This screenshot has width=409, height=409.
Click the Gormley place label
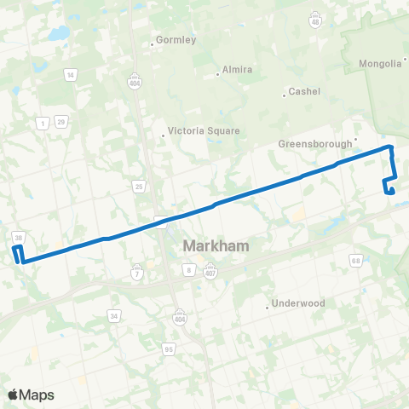pyautogui.click(x=176, y=40)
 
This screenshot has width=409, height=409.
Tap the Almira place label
pyautogui.click(x=236, y=70)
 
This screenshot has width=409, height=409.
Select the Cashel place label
pyautogui.click(x=303, y=92)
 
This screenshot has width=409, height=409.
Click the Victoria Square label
pyautogui.click(x=204, y=131)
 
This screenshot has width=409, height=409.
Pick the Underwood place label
pyautogui.click(x=297, y=303)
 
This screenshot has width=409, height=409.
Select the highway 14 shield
pyautogui.click(x=71, y=75)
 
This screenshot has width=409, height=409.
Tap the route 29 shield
pyautogui.click(x=61, y=123)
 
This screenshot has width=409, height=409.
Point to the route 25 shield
pyautogui.click(x=139, y=186)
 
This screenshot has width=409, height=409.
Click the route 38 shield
pyautogui.click(x=19, y=236)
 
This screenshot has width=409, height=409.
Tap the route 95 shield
pyautogui.click(x=169, y=349)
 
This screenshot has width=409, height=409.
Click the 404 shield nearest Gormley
pyautogui.click(x=134, y=74)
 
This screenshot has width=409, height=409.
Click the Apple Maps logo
pyautogui.click(x=31, y=395)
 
